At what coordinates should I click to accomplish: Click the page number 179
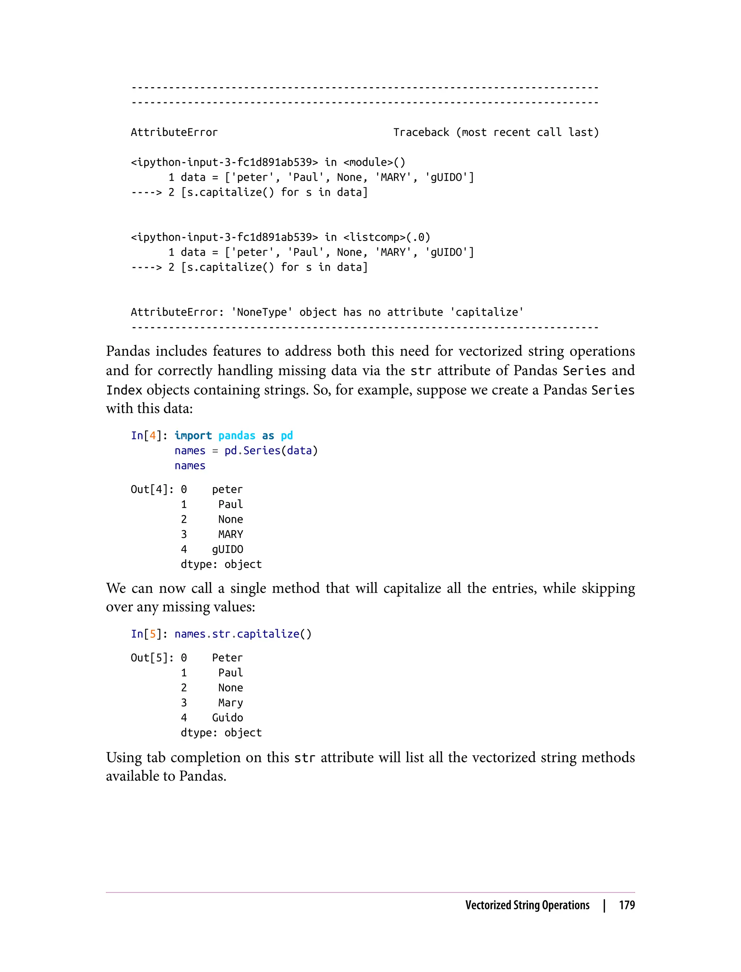(x=626, y=905)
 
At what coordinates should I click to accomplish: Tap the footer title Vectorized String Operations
(x=527, y=905)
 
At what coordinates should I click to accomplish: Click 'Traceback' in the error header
(x=421, y=132)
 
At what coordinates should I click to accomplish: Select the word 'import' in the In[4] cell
(x=193, y=435)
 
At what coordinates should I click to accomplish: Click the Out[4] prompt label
(x=152, y=489)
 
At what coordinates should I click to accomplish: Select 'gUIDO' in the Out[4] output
(x=228, y=549)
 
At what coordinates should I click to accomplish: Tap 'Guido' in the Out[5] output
(x=228, y=718)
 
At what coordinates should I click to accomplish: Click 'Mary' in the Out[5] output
(x=231, y=703)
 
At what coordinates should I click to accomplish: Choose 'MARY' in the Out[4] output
(x=231, y=534)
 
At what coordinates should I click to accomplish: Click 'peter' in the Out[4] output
(x=228, y=489)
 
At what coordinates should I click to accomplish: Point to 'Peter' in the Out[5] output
(x=228, y=658)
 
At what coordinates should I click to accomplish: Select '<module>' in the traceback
(x=368, y=162)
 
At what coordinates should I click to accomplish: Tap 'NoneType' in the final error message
(x=262, y=312)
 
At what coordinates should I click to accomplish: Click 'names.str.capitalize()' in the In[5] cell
(x=243, y=634)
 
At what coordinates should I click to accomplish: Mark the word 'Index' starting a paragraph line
(x=124, y=390)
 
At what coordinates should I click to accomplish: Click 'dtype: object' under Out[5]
(x=221, y=733)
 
